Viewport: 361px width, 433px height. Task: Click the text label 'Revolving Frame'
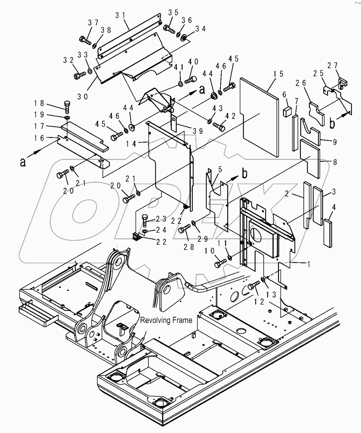pyautogui.click(x=166, y=320)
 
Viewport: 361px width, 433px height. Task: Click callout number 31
pyautogui.click(x=121, y=15)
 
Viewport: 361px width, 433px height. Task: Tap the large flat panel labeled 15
pyautogui.click(x=260, y=116)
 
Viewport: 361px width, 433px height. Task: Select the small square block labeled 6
pyautogui.click(x=287, y=111)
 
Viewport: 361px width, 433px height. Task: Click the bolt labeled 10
pyautogui.click(x=220, y=262)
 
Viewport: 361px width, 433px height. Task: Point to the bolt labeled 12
pyautogui.click(x=252, y=287)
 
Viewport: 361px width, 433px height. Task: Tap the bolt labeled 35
pyautogui.click(x=170, y=28)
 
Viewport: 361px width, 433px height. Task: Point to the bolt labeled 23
pyautogui.click(x=145, y=220)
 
